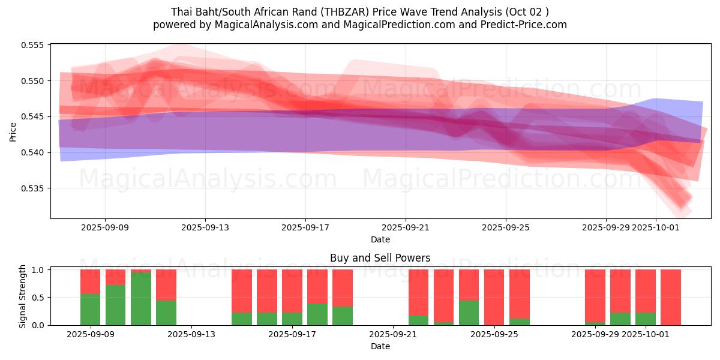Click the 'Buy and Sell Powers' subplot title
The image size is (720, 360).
point(380,258)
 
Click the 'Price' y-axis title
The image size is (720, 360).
point(13,131)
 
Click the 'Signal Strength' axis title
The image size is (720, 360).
point(22,296)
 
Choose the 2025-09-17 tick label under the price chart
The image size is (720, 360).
point(305,227)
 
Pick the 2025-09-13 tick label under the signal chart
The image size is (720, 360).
point(191,334)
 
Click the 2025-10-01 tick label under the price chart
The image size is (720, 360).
point(655,227)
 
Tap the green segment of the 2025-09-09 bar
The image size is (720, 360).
point(90,310)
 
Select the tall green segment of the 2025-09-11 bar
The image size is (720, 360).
point(140,299)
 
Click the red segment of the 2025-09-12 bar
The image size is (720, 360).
point(166,284)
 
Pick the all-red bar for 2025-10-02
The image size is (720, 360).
point(671,297)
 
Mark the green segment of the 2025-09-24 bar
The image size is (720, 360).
point(469,313)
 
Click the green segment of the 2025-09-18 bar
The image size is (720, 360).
point(317,314)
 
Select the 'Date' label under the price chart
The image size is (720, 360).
point(380,239)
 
